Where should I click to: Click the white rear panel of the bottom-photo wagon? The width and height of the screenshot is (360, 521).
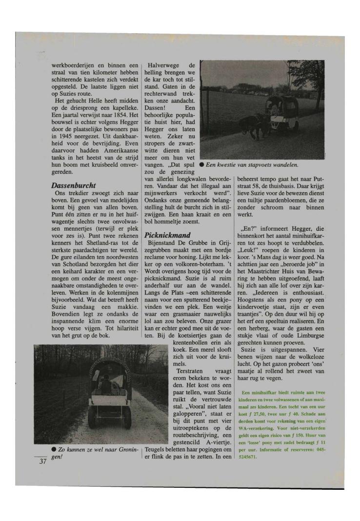[108, 405]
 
